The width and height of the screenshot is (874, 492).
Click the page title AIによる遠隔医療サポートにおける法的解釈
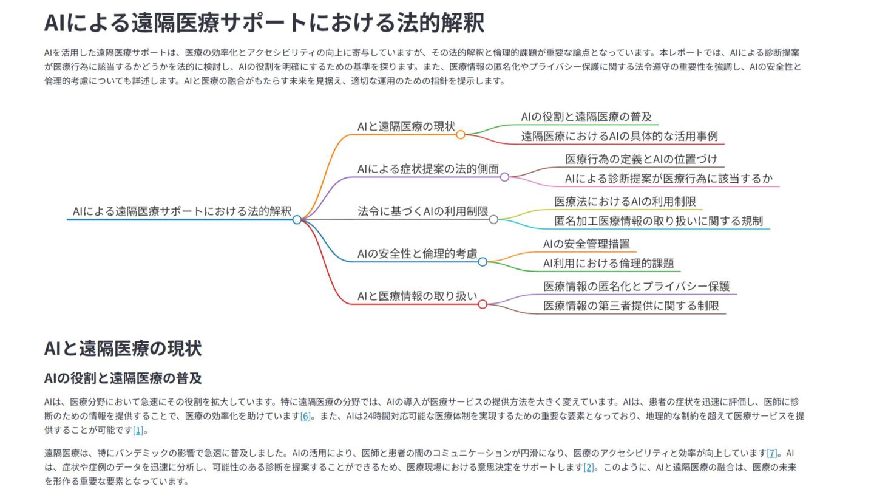click(x=264, y=23)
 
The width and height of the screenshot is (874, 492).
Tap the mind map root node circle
click(x=297, y=220)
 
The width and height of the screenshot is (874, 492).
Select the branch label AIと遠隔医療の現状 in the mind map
click(x=406, y=126)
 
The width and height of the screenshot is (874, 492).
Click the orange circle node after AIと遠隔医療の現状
click(x=461, y=135)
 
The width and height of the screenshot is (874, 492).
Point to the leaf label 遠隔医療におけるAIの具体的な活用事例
click(x=620, y=136)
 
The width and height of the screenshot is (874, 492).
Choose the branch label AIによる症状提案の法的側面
click(x=428, y=169)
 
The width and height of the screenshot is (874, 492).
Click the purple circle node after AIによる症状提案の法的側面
click(x=504, y=177)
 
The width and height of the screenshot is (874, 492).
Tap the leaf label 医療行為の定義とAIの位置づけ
click(x=642, y=159)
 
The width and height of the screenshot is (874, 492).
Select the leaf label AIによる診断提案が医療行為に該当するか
click(x=669, y=179)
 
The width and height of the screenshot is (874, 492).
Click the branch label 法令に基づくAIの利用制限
click(x=423, y=211)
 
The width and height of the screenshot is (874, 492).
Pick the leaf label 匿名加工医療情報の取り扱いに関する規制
click(x=659, y=221)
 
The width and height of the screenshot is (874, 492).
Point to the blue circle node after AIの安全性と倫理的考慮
click(x=483, y=262)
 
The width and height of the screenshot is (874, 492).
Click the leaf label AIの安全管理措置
click(x=586, y=244)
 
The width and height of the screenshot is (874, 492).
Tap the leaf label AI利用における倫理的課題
click(x=608, y=264)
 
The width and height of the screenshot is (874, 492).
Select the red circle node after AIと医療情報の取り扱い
click(x=483, y=304)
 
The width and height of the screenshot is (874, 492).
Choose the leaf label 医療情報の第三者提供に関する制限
click(x=631, y=306)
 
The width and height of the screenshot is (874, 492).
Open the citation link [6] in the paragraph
click(x=305, y=416)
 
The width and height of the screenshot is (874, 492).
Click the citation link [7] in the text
click(x=772, y=453)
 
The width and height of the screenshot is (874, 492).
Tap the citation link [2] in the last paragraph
click(x=588, y=467)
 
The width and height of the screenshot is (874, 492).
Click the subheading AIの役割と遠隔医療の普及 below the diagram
click(x=123, y=378)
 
